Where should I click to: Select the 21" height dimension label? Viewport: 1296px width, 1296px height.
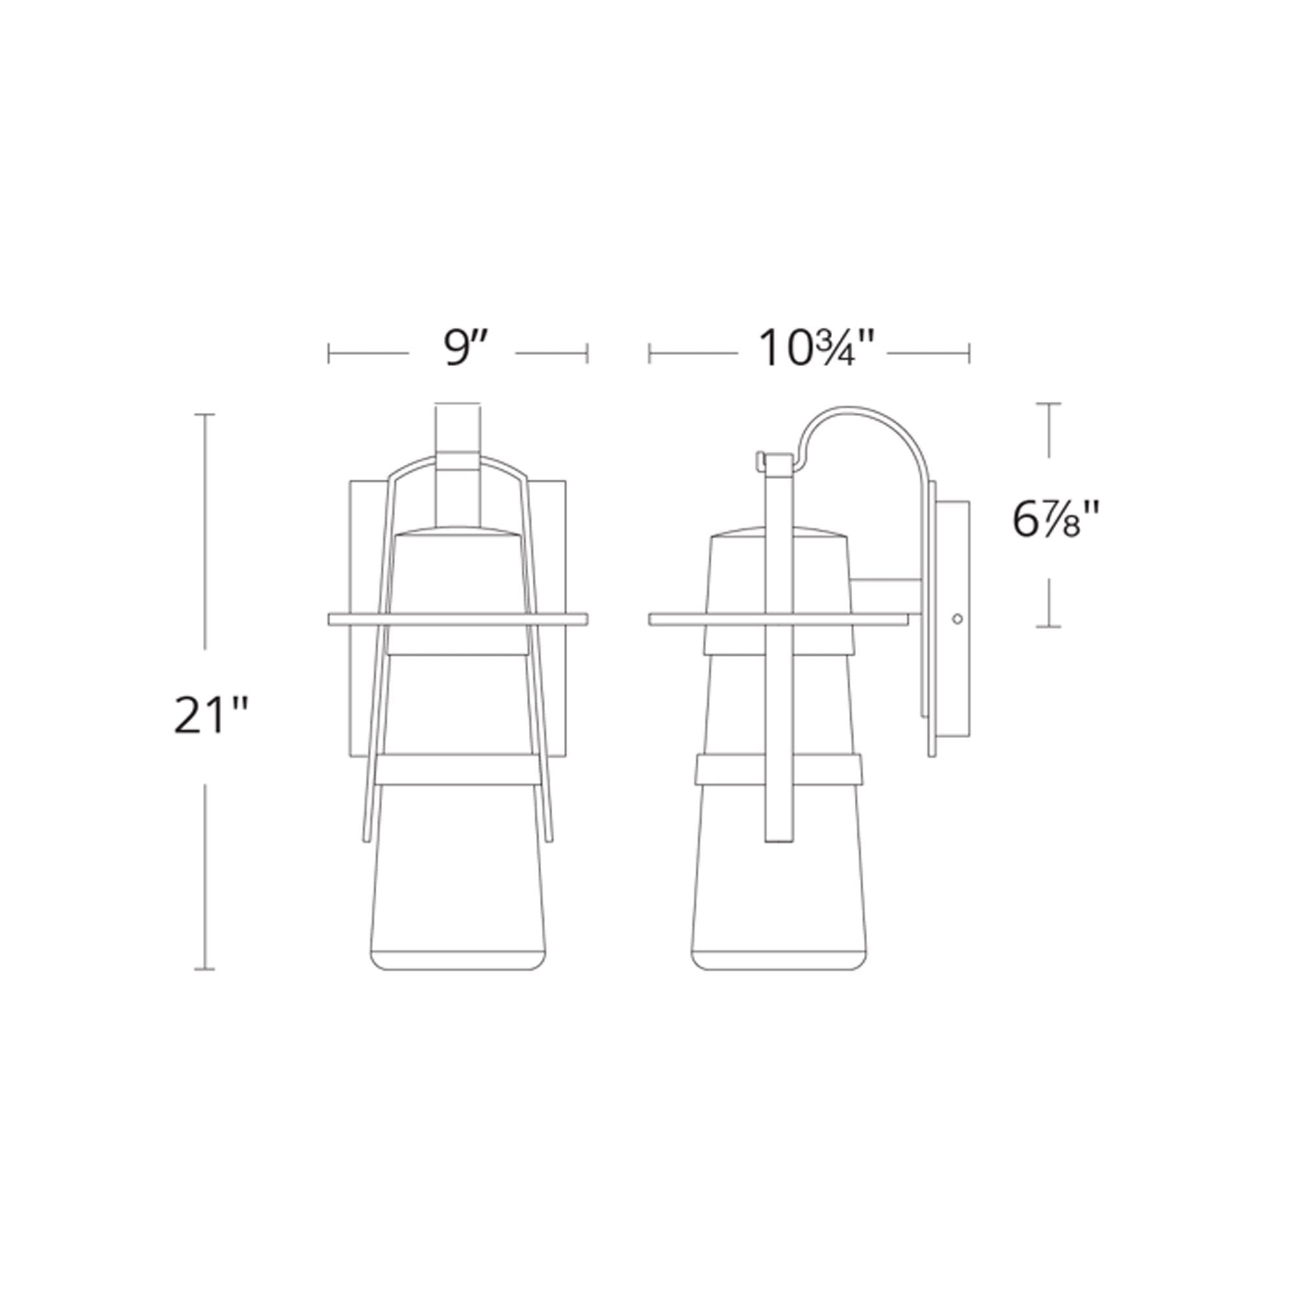click(211, 717)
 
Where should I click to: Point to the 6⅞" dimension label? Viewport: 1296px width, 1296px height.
click(1056, 520)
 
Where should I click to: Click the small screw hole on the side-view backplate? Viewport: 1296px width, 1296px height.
click(957, 618)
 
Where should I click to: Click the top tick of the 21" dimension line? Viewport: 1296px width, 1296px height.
click(205, 415)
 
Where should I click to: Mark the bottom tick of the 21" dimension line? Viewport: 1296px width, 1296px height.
click(205, 969)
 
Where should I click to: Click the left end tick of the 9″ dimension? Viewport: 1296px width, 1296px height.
click(329, 354)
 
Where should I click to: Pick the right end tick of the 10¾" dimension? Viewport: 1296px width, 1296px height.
click(969, 354)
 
